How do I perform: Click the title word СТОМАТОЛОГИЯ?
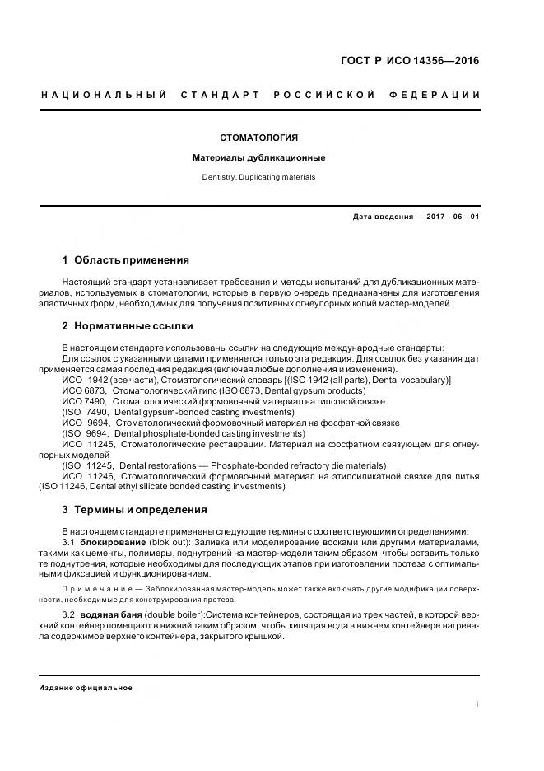click(259, 137)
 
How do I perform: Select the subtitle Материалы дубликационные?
click(259, 157)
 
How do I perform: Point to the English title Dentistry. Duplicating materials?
click(259, 177)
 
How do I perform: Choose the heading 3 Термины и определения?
click(135, 510)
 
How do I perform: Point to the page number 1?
click(477, 704)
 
